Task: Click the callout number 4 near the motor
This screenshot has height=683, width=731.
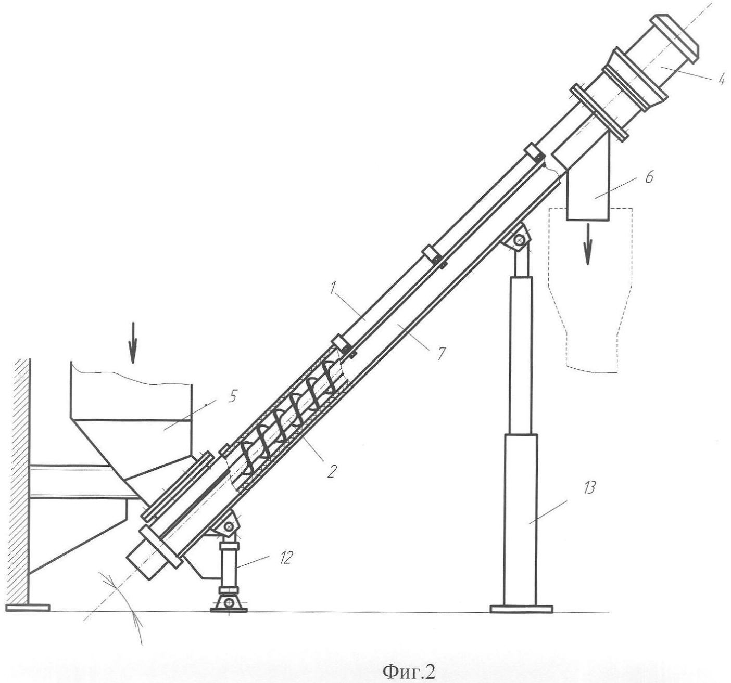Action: pos(721,80)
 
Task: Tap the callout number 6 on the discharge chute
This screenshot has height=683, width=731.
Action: pos(649,178)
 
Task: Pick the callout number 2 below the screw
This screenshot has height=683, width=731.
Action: pos(332,471)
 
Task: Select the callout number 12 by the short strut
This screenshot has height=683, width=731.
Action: pos(286,558)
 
